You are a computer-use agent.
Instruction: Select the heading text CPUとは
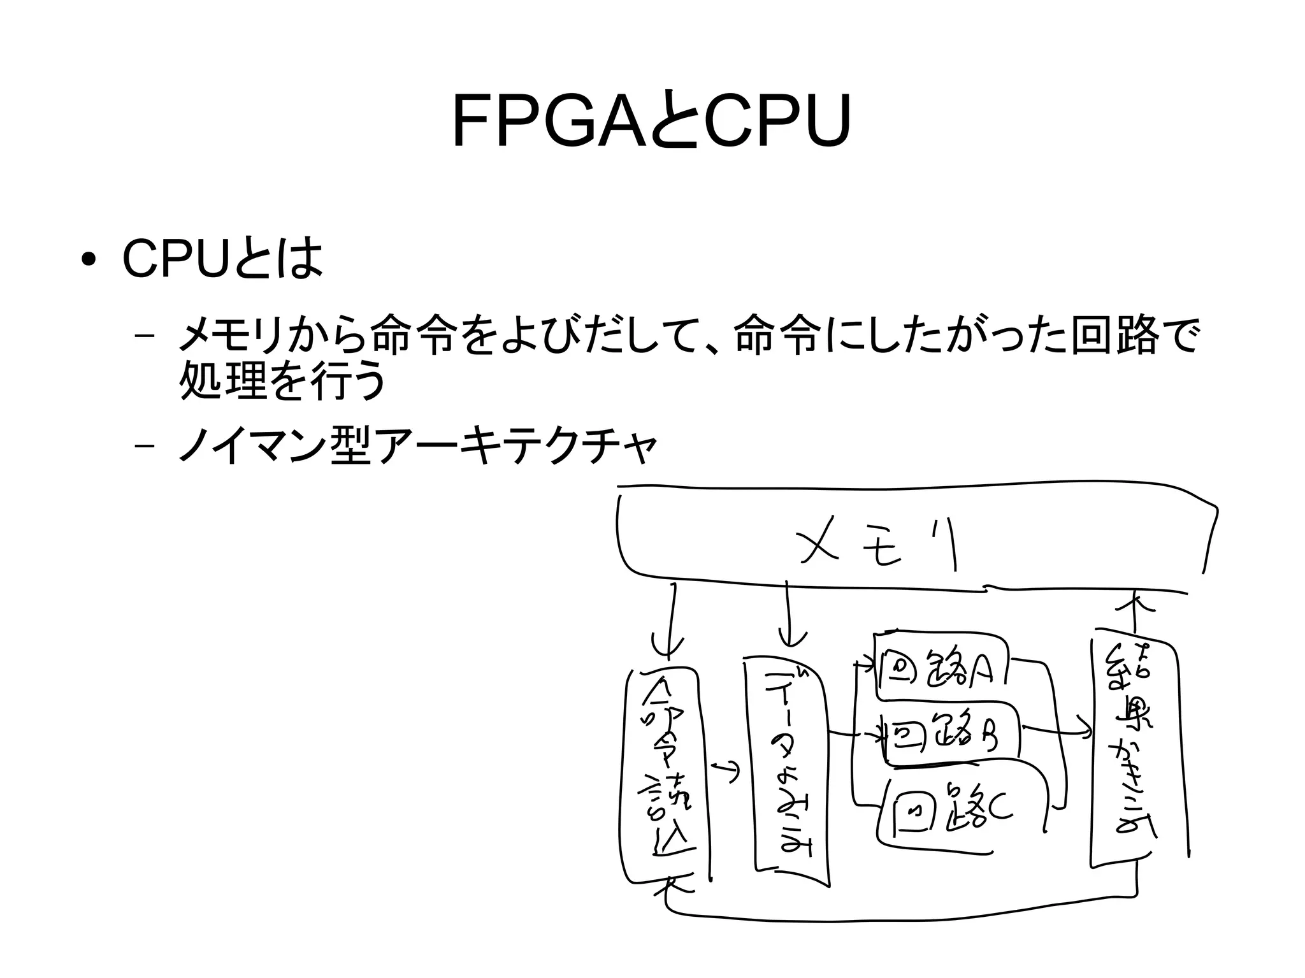pos(222,259)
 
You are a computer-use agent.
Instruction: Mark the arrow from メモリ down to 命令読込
pos(670,618)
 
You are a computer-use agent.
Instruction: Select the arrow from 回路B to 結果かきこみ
pos(1058,731)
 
